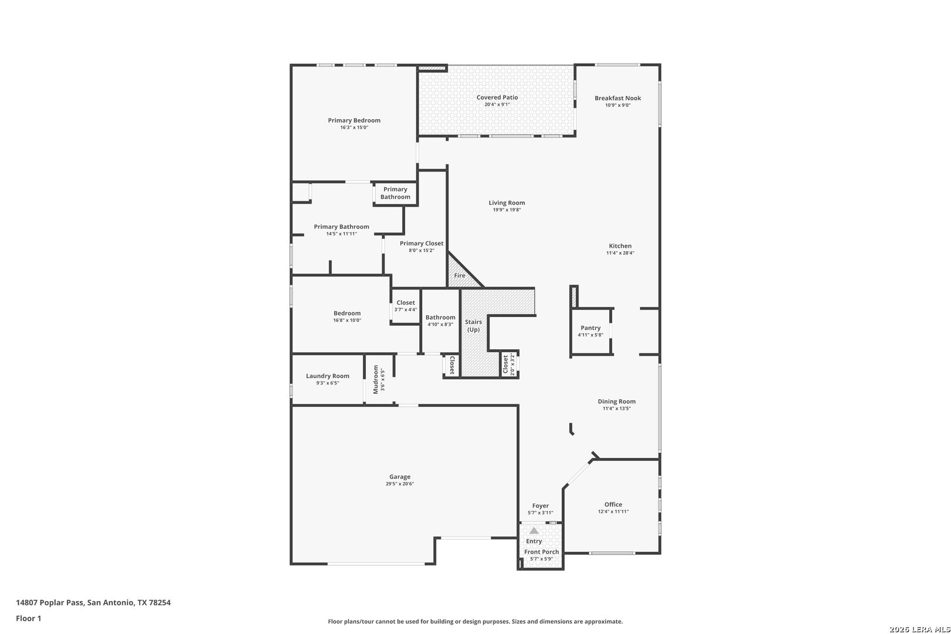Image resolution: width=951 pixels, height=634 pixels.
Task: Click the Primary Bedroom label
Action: pyautogui.click(x=354, y=120)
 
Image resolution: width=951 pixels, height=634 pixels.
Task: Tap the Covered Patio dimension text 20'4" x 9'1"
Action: pyautogui.click(x=497, y=104)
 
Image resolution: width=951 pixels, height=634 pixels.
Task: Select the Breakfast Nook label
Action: pyautogui.click(x=618, y=98)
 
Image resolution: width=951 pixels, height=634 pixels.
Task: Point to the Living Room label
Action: pyautogui.click(x=507, y=203)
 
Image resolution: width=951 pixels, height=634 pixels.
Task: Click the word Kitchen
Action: pyautogui.click(x=620, y=246)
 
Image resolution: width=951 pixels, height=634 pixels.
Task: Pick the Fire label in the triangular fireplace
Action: pyautogui.click(x=460, y=275)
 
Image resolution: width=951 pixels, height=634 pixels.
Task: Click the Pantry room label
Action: pyautogui.click(x=591, y=328)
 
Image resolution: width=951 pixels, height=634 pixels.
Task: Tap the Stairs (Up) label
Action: pyautogui.click(x=473, y=326)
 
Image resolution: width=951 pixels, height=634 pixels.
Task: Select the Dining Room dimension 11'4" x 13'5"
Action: pyautogui.click(x=616, y=409)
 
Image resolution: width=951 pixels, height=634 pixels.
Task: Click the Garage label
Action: pyautogui.click(x=400, y=477)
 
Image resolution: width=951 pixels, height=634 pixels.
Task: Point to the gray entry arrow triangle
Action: pyautogui.click(x=534, y=530)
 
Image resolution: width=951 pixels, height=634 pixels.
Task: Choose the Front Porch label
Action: pyautogui.click(x=541, y=552)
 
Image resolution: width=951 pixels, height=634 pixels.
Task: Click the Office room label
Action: pyautogui.click(x=613, y=504)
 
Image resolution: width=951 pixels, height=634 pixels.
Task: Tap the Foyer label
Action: pyautogui.click(x=541, y=506)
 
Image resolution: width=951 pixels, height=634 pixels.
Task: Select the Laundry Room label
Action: pyautogui.click(x=328, y=376)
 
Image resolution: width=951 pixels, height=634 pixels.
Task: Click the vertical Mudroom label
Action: pyautogui.click(x=376, y=380)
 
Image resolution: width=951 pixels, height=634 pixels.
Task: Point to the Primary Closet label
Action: pyautogui.click(x=421, y=243)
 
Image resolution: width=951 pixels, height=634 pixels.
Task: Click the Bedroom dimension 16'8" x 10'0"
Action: pyautogui.click(x=347, y=321)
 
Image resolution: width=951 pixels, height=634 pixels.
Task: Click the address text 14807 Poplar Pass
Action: pyautogui.click(x=50, y=602)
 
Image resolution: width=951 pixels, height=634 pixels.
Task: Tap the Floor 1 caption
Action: pyautogui.click(x=28, y=618)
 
